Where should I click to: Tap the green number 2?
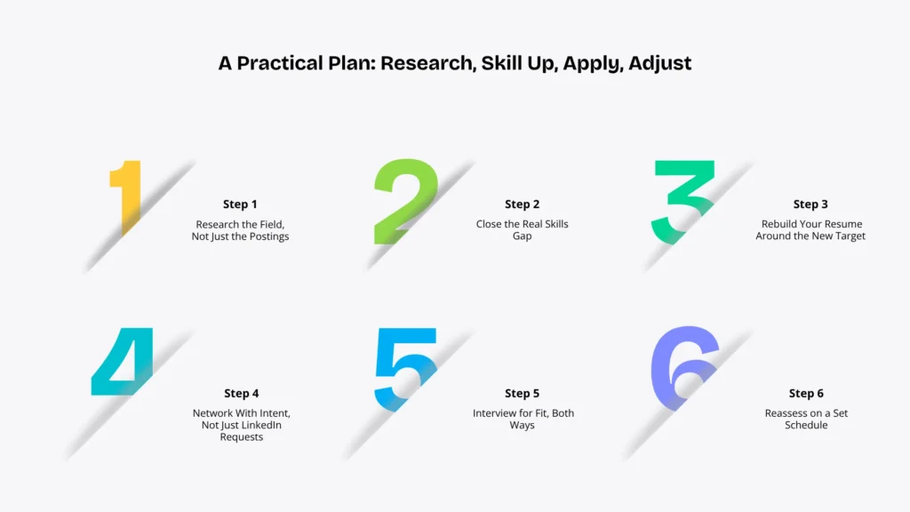pos(405,201)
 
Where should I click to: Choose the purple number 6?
pos(685,368)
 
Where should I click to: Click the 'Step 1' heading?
pos(240,204)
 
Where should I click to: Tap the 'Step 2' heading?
pos(522,204)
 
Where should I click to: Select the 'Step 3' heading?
pos(810,204)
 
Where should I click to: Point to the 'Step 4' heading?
pos(242,394)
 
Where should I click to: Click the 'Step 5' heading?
pos(522,394)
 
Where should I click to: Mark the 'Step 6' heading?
pos(806,394)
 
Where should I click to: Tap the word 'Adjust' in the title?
pos(660,63)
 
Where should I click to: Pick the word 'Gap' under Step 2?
pos(522,236)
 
